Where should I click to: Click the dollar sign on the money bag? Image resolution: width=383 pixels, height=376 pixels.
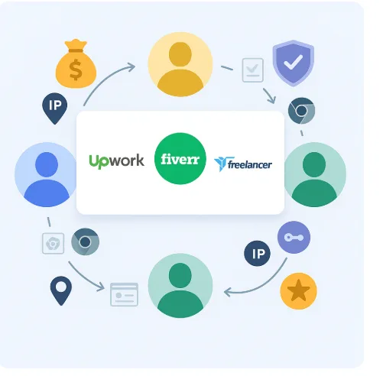pyautogui.click(x=76, y=70)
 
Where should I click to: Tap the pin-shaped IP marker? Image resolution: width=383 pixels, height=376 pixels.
pyautogui.click(x=55, y=109)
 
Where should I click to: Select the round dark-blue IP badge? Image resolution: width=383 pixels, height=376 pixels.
pyautogui.click(x=257, y=254)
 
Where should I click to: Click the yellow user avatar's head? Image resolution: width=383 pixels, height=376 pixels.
pyautogui.click(x=180, y=54)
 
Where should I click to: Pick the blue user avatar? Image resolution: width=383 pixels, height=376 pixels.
pyautogui.click(x=47, y=174)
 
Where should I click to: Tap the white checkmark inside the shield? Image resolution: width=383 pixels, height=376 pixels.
pyautogui.click(x=294, y=62)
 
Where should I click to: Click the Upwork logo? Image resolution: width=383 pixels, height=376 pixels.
pyautogui.click(x=116, y=161)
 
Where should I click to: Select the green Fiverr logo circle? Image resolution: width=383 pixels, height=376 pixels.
pyautogui.click(x=180, y=158)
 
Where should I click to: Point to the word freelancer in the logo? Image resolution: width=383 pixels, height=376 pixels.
pyautogui.click(x=250, y=164)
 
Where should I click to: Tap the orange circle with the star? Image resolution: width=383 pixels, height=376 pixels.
pyautogui.click(x=298, y=291)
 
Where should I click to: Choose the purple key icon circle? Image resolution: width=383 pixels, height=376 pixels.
pyautogui.click(x=294, y=238)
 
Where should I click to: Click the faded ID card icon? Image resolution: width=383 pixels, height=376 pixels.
pyautogui.click(x=124, y=294)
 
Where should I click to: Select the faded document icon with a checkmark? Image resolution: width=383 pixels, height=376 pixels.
pyautogui.click(x=252, y=70)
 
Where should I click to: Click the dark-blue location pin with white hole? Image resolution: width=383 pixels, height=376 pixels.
pyautogui.click(x=61, y=290)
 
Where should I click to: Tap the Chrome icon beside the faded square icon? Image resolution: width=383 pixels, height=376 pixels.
pyautogui.click(x=85, y=241)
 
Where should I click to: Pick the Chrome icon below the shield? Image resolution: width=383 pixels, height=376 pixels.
pyautogui.click(x=301, y=111)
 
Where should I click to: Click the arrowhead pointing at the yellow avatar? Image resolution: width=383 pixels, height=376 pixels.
pyautogui.click(x=131, y=67)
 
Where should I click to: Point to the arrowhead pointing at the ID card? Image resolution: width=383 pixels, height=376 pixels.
pyautogui.click(x=101, y=287)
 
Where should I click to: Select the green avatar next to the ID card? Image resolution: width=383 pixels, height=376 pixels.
pyautogui.click(x=180, y=286)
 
